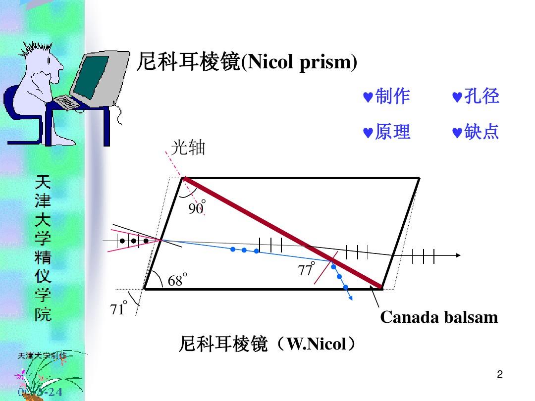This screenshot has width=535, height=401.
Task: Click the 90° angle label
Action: (196, 208)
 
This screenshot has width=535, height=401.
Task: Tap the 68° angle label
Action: (177, 280)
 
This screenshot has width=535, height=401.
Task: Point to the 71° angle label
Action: (118, 308)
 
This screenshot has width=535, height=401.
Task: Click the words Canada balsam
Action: (439, 317)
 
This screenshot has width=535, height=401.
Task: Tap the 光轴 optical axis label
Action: (188, 147)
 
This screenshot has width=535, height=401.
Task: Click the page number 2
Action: (500, 375)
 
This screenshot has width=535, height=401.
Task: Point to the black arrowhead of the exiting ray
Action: (458, 255)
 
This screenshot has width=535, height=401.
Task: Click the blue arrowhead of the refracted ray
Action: (350, 297)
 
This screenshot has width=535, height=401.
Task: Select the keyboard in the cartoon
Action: (67, 102)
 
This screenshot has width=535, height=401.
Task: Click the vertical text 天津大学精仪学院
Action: (43, 248)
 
